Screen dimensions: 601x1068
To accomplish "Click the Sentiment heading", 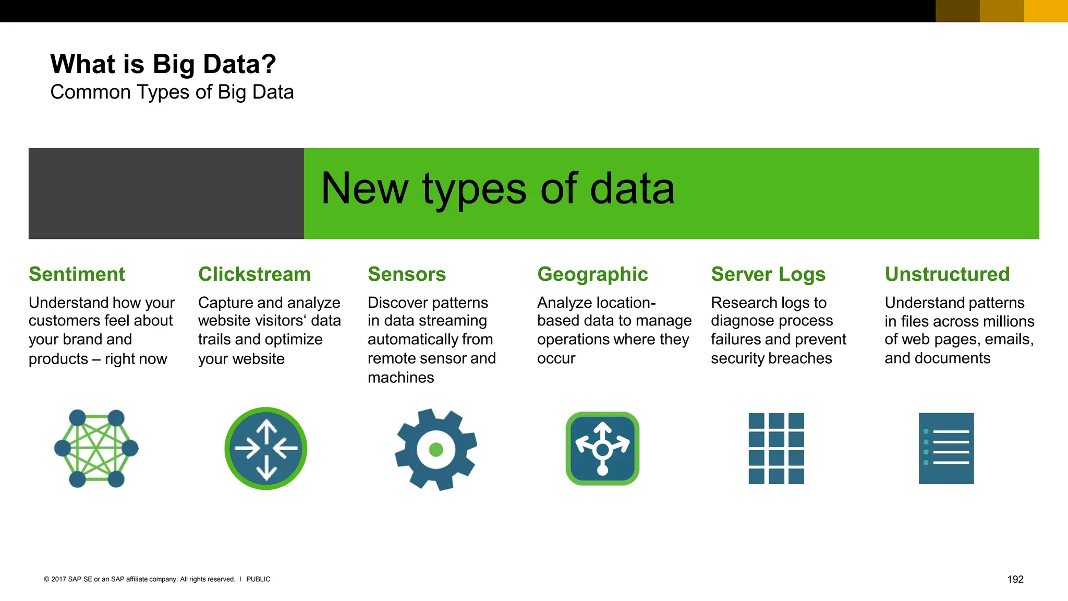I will (77, 274).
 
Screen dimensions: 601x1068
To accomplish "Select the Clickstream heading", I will (254, 274).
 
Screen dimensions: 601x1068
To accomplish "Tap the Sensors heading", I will (407, 274).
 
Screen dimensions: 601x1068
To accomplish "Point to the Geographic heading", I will (592, 274).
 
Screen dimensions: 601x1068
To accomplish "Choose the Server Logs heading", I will (768, 274).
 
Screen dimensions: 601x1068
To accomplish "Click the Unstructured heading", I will (947, 274).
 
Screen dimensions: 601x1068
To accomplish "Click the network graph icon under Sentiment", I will (96, 449).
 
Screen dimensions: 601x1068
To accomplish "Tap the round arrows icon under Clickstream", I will (266, 449).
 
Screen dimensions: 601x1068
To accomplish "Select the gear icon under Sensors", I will (436, 449).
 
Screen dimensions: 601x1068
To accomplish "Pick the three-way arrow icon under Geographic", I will (602, 449).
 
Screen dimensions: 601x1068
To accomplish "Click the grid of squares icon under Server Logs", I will (776, 449).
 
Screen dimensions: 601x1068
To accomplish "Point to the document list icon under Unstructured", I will (946, 449).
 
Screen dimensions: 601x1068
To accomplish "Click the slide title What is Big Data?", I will (163, 64).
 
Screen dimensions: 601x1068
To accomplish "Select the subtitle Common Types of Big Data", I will (172, 92).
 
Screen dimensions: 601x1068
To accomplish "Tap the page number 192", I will (1015, 579).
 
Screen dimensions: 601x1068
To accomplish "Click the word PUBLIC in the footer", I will (258, 579).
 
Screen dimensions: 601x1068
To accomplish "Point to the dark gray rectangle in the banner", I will (166, 194).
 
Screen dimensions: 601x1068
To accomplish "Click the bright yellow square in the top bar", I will (1046, 11).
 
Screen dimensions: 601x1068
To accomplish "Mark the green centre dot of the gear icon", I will (436, 449).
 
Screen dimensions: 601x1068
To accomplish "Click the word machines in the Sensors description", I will (400, 378).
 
